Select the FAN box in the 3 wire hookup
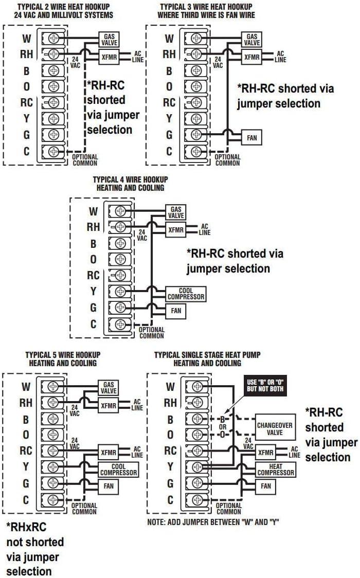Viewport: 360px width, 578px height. click(x=252, y=137)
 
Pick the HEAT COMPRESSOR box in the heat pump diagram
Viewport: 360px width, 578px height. click(x=275, y=469)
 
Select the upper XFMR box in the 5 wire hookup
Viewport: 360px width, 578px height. click(x=109, y=406)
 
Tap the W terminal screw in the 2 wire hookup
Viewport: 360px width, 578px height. click(x=53, y=39)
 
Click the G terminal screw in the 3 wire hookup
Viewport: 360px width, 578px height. click(x=196, y=135)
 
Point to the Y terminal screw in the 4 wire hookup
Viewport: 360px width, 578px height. click(x=120, y=292)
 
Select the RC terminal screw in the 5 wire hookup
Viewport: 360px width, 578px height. click(x=53, y=451)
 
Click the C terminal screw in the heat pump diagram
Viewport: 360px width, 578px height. click(x=196, y=499)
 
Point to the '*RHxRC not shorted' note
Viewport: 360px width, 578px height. click(x=35, y=549)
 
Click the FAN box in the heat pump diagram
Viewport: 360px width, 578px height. click(x=265, y=486)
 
